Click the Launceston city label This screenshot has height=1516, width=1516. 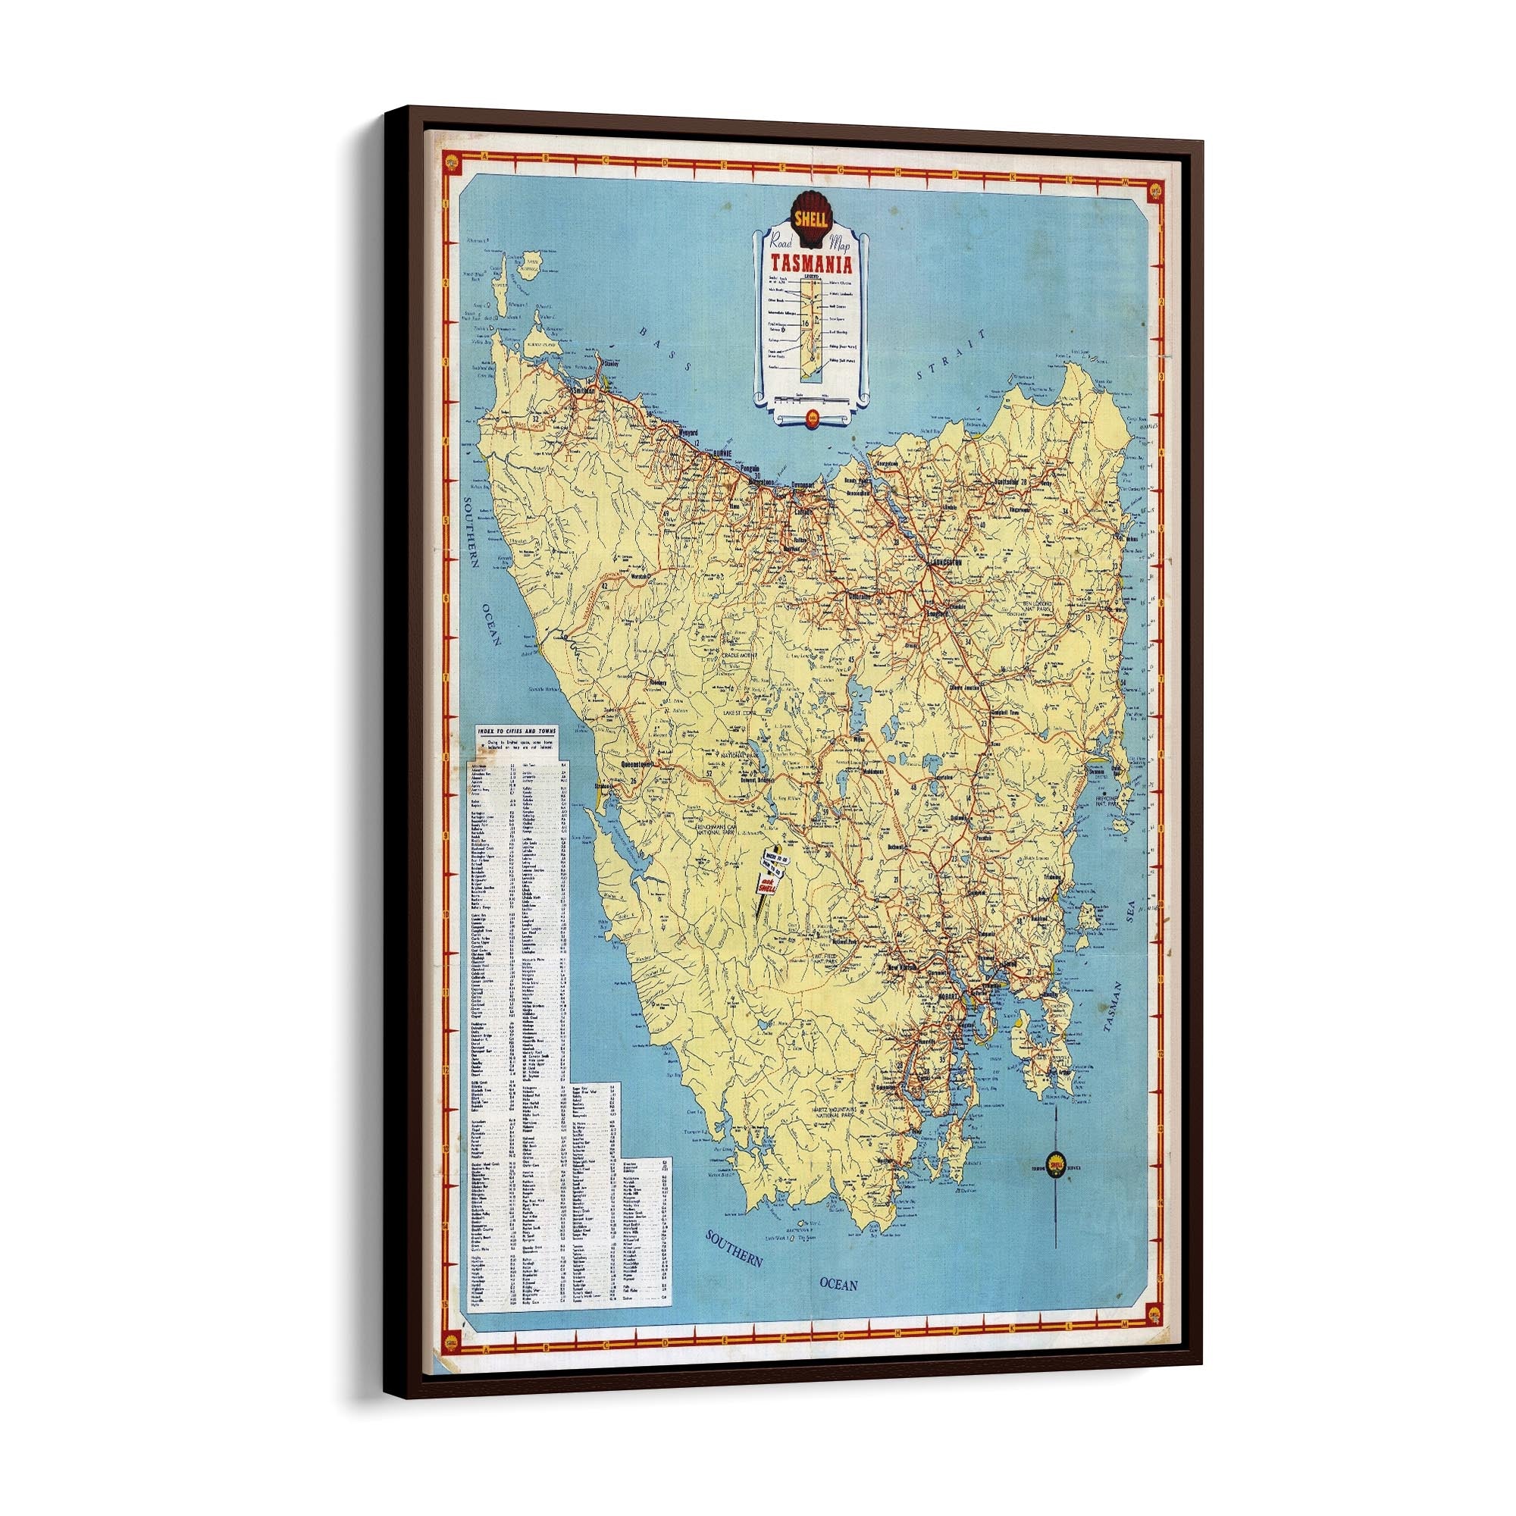(x=944, y=562)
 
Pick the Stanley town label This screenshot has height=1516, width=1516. (x=611, y=364)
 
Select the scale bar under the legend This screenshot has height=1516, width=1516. (x=810, y=400)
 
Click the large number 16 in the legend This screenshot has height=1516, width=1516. (x=806, y=324)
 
